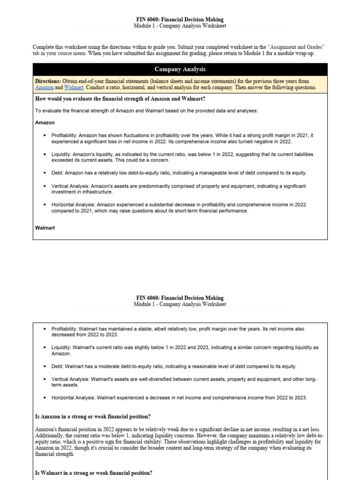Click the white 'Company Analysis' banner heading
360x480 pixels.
click(180, 69)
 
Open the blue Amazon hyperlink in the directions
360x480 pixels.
click(44, 88)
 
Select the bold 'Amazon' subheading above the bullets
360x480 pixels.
click(45, 122)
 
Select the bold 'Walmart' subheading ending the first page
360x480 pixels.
click(45, 227)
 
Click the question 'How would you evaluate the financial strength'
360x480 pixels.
click(120, 98)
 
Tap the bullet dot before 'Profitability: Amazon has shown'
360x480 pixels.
click(45, 135)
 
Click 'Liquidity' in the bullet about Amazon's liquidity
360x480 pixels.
click(62, 154)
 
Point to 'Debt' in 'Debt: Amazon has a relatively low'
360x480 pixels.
click(57, 173)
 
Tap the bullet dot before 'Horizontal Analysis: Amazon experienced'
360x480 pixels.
click(45, 205)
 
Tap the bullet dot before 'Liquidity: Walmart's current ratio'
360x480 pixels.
click(45, 348)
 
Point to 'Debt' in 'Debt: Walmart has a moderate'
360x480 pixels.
click(57, 366)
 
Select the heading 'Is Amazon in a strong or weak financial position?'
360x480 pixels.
click(93, 417)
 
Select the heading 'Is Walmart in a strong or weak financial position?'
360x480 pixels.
click(94, 473)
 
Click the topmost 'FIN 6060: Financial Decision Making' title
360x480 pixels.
click(180, 20)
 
